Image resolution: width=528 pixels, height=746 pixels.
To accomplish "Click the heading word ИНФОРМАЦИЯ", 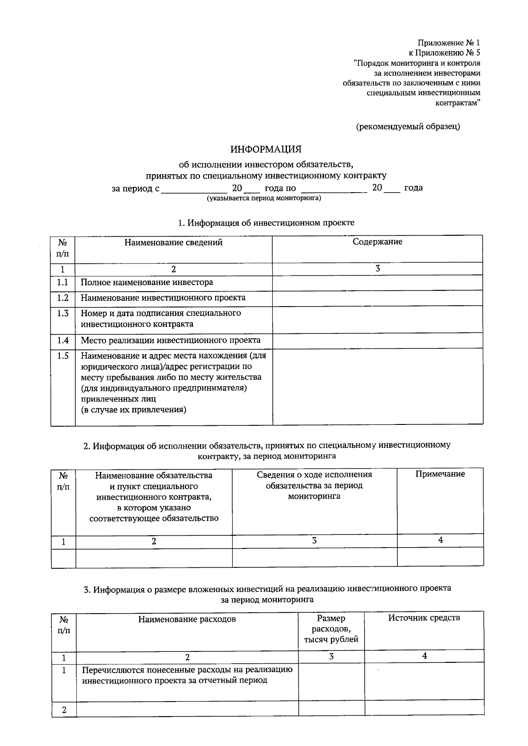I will click(266, 150).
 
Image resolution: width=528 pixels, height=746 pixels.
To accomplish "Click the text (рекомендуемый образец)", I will click(407, 127).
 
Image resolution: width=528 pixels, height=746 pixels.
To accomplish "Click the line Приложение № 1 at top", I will click(448, 43).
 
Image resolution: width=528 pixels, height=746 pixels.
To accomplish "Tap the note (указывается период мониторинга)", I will click(264, 198).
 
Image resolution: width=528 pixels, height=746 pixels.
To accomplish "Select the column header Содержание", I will click(377, 242).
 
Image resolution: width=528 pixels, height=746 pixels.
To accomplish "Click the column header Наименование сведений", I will click(173, 243).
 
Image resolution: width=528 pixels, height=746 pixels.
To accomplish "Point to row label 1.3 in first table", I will click(63, 314).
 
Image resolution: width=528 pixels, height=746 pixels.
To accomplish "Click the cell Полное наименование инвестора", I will click(147, 282).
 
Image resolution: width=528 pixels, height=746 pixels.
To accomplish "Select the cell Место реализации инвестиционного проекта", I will click(170, 340).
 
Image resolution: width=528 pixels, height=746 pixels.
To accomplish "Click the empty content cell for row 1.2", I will click(377, 298).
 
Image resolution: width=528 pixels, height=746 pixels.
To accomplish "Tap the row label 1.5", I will click(63, 356).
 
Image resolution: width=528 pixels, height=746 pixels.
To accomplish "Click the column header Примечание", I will click(440, 474).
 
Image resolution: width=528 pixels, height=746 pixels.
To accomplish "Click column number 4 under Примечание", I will click(440, 540).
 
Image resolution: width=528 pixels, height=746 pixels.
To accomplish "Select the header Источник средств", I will click(424, 618).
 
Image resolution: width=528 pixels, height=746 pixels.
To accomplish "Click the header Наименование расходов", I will click(187, 619).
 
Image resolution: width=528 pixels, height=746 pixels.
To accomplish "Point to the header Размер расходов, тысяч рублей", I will click(331, 629).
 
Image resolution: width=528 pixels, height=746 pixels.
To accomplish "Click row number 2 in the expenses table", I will click(64, 710).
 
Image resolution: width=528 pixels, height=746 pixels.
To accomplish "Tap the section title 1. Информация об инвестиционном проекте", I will click(266, 223).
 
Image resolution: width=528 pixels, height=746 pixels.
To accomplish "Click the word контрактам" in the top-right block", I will click(458, 103).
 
